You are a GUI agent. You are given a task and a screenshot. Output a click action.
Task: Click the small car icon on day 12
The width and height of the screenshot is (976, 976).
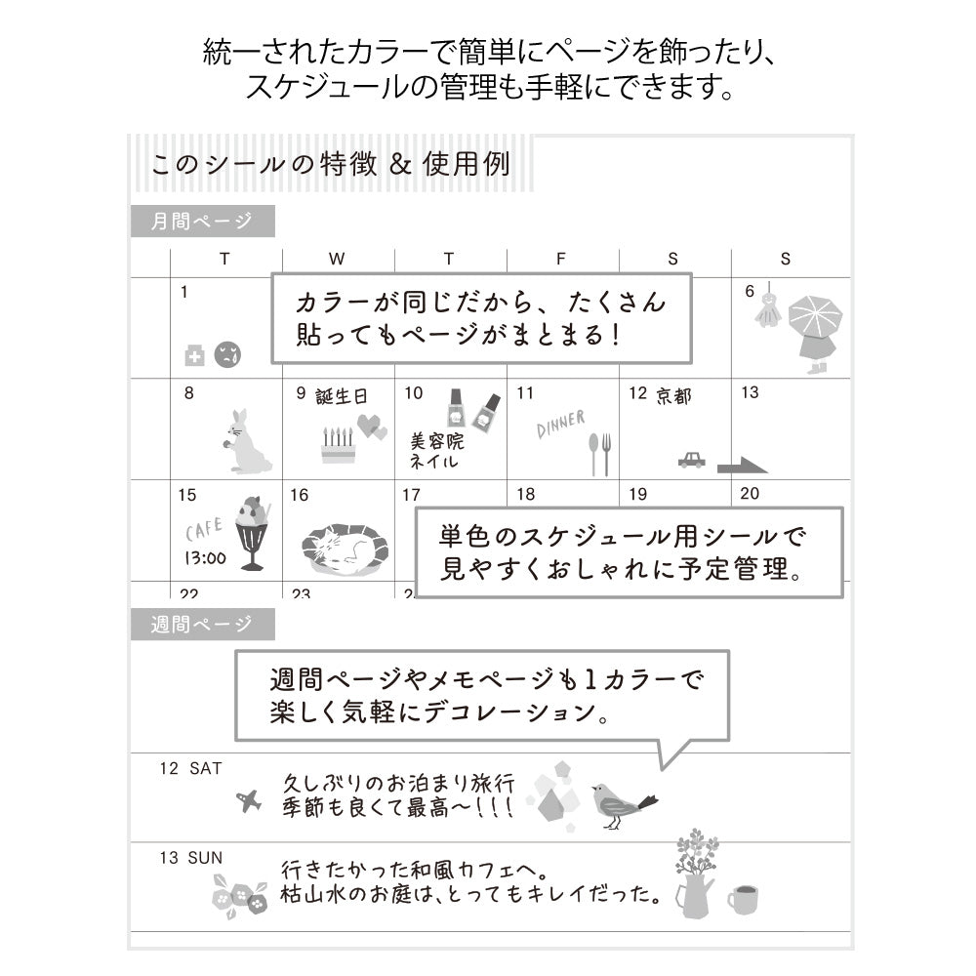[691, 459]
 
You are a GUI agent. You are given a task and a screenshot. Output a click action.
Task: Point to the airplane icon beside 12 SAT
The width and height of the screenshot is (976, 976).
[250, 801]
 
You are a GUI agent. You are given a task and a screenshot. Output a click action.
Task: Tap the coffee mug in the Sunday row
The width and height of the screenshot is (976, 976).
[744, 899]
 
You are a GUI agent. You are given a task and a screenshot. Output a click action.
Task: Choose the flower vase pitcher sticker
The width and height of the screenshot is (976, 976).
[694, 875]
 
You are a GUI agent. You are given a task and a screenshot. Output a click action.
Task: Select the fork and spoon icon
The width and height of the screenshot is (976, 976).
[599, 453]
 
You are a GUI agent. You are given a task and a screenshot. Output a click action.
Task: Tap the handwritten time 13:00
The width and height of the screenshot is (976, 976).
[206, 559]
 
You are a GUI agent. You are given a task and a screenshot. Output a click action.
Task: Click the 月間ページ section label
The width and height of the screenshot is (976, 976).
[202, 222]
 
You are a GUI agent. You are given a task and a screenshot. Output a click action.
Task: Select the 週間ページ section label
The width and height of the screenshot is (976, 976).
[202, 625]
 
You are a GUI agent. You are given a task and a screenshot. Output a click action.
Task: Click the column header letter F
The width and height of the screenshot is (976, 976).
[560, 259]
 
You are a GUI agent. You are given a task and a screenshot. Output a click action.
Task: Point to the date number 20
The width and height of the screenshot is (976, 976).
[750, 494]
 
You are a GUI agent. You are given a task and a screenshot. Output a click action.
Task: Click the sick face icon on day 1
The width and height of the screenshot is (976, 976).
[227, 354]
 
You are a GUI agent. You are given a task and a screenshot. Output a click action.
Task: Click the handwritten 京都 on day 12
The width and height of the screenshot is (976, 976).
[673, 396]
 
